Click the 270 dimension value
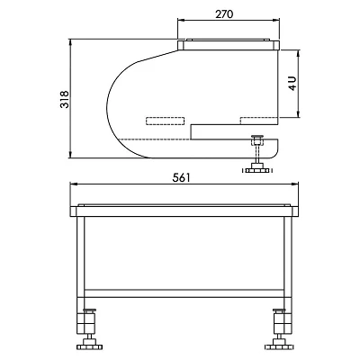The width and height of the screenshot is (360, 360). click(224, 13)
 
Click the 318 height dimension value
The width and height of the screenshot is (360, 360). click(65, 99)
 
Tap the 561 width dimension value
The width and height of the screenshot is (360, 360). click(182, 177)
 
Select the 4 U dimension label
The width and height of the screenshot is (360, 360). click(292, 84)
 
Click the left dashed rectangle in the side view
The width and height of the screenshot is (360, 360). click(165, 121)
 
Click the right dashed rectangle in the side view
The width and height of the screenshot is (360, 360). click(259, 121)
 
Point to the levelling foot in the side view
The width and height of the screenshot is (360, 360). click(257, 155)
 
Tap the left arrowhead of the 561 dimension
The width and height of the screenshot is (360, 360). click(73, 184)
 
